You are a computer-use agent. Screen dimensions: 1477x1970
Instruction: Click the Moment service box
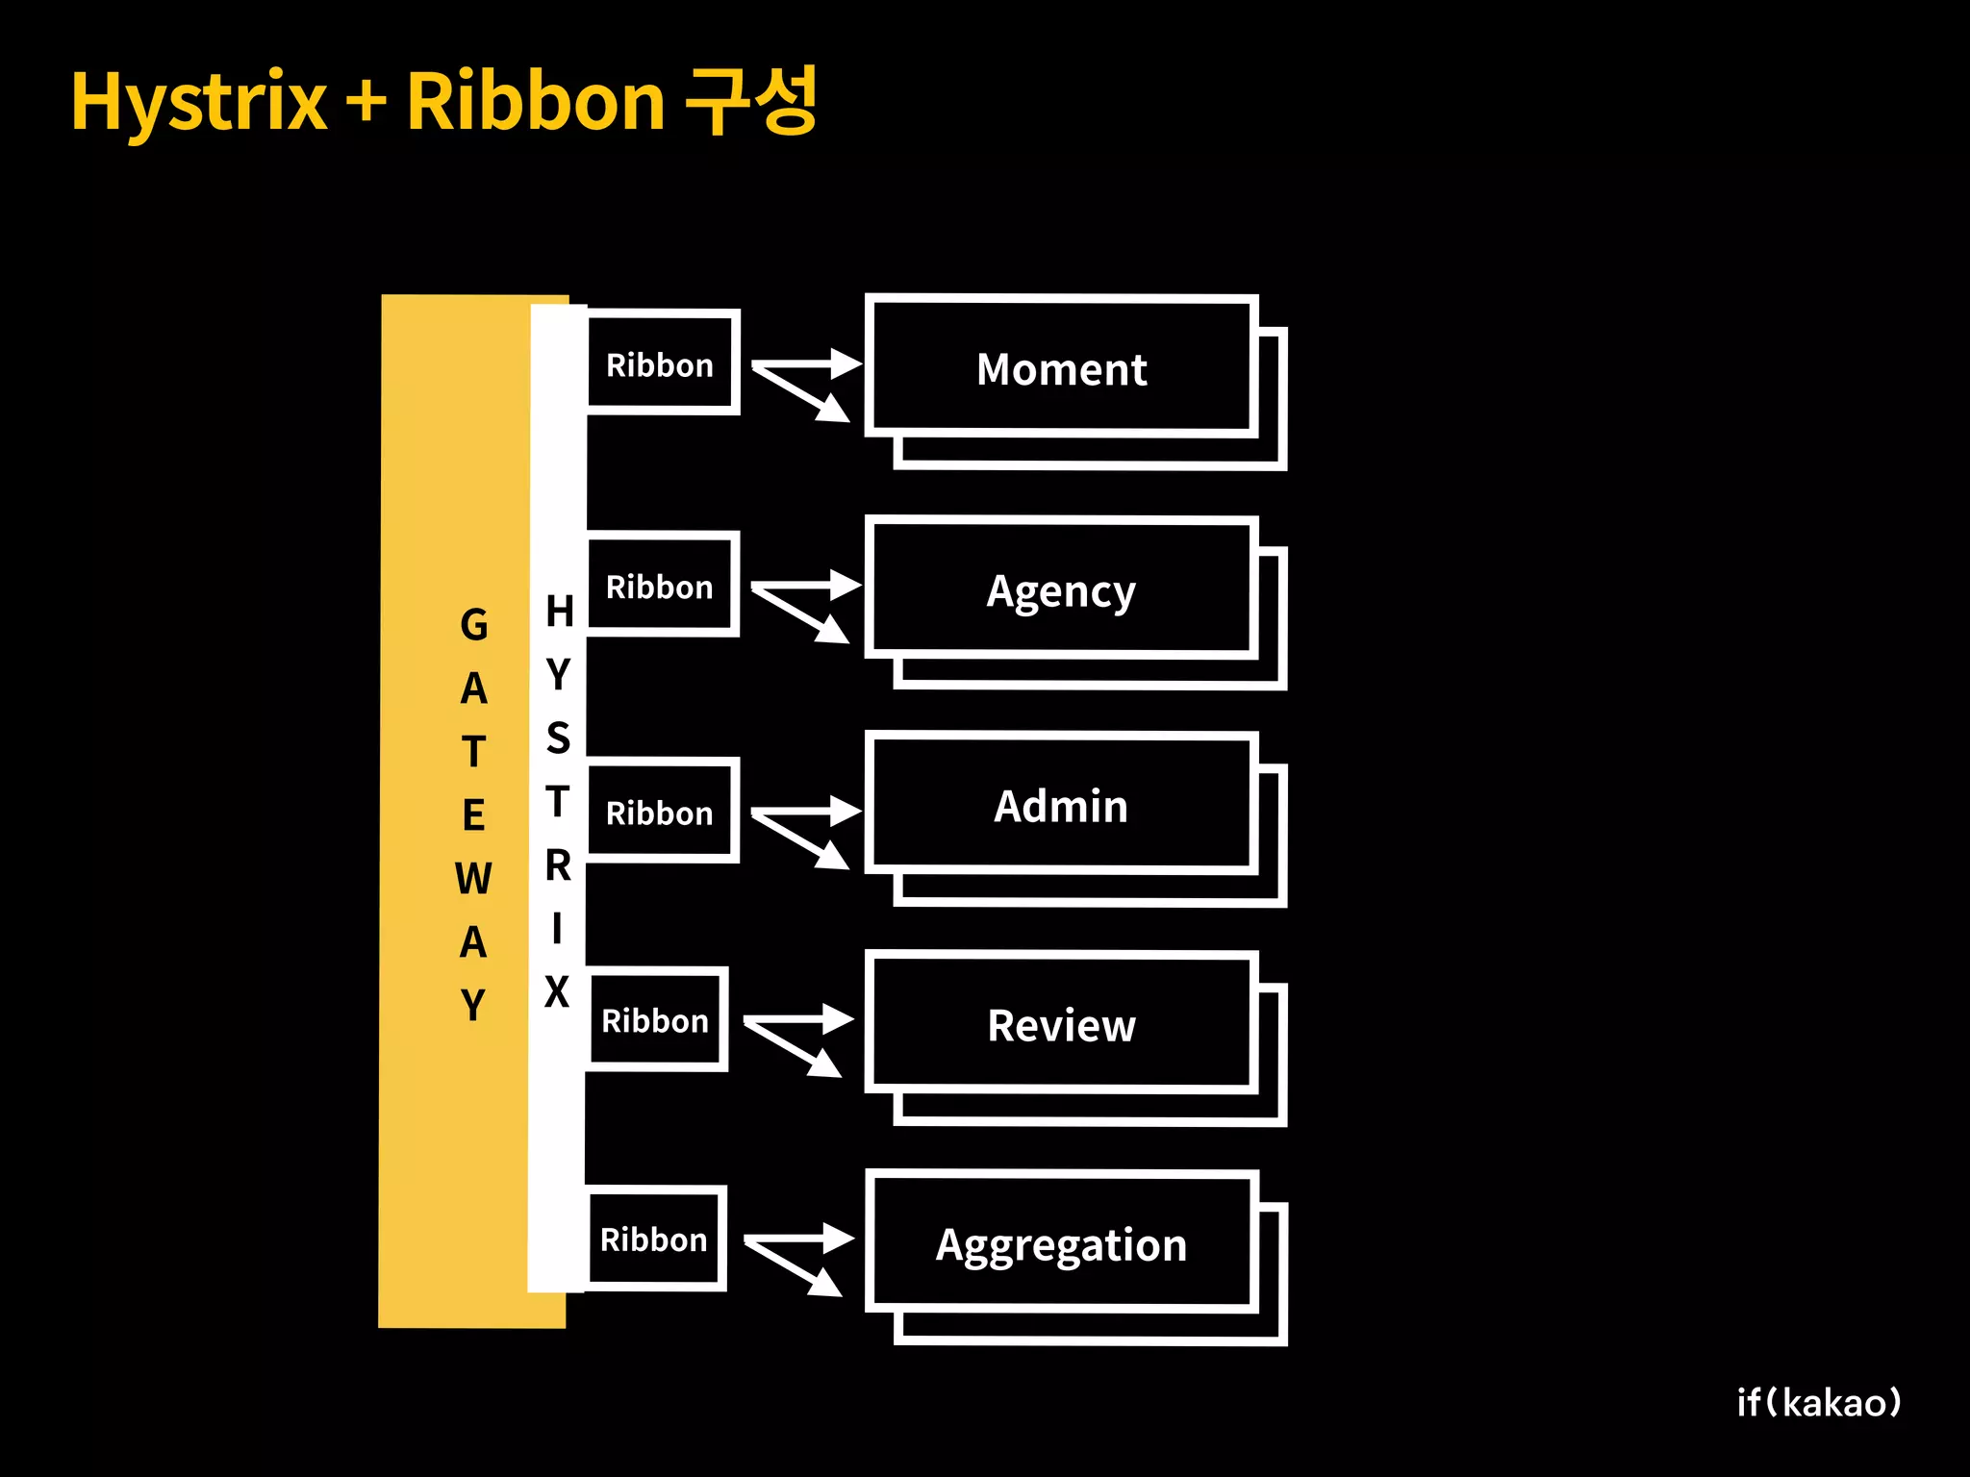[x=1061, y=368]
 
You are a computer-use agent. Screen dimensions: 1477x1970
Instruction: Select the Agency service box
[x=1061, y=589]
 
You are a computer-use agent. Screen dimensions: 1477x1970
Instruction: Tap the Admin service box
[x=1061, y=805]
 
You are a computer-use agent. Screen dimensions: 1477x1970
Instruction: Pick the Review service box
[x=1061, y=1024]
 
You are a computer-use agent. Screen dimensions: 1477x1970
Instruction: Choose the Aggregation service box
[x=1061, y=1243]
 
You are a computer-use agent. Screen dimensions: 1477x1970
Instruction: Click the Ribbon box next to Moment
[x=661, y=363]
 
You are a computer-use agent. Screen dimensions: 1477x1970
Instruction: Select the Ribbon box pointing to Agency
[x=661, y=585]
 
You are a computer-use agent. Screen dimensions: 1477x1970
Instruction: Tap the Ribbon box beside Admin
[x=661, y=812]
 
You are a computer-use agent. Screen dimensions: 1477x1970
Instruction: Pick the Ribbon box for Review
[x=656, y=1019]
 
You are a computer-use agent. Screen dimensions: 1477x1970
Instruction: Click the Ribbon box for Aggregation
[x=654, y=1239]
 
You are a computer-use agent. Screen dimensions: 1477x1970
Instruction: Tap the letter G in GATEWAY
[x=473, y=625]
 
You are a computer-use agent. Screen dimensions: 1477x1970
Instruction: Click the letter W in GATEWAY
[x=473, y=879]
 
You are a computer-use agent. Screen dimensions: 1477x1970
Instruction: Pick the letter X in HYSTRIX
[x=557, y=991]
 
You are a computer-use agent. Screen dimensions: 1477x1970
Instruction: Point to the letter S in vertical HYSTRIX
[x=558, y=738]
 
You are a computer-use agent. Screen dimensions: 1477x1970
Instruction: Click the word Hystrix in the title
[x=199, y=102]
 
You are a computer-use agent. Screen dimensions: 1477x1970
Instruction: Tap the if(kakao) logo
[x=1818, y=1403]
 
